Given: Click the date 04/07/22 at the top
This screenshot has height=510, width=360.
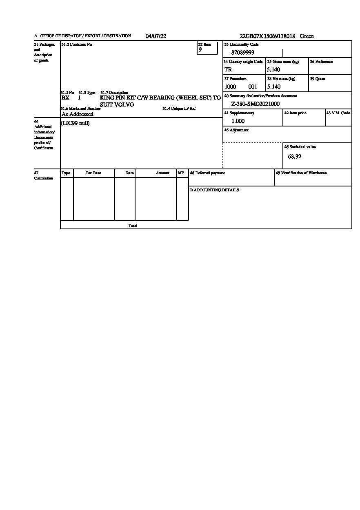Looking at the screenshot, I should point(156,36).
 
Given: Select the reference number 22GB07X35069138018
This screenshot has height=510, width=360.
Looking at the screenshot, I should point(267,36).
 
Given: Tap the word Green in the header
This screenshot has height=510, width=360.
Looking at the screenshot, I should point(307,36).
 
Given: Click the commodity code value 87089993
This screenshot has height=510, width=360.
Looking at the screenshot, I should point(242,53).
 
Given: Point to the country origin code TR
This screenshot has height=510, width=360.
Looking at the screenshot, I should point(228,70).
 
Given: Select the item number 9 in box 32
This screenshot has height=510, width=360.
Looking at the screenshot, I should point(200,50).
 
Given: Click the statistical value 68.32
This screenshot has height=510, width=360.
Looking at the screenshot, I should point(295,157).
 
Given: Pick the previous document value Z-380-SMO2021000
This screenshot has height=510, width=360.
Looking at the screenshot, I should point(255,104).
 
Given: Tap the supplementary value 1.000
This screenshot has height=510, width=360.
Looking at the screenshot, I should point(238,121).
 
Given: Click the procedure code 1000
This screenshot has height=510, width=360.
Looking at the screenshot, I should point(230,87).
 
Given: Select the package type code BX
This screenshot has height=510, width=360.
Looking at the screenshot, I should point(65,98).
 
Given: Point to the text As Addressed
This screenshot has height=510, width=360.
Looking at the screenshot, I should point(78,114).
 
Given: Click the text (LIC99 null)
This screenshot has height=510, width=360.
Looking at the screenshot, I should point(75,123).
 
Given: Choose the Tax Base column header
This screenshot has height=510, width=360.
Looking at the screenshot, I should point(93,173).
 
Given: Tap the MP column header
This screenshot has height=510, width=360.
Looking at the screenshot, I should point(181,173).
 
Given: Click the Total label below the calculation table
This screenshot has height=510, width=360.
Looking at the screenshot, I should point(133,226).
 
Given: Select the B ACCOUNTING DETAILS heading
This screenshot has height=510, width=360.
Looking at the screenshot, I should point(214,190).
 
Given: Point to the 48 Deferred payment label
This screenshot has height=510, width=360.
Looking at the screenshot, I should point(207,173).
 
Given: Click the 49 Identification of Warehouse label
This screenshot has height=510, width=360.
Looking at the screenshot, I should point(301,173).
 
